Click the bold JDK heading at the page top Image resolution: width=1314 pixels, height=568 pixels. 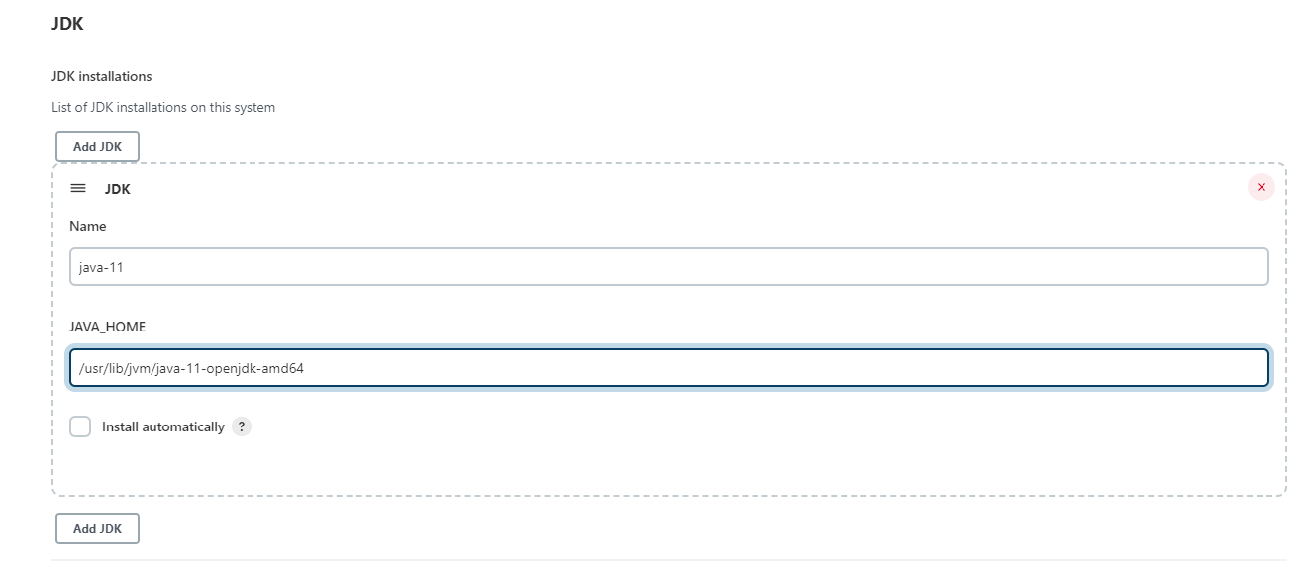(x=67, y=25)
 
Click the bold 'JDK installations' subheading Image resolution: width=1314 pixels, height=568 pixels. (x=101, y=76)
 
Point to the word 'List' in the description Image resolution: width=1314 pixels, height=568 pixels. (x=61, y=107)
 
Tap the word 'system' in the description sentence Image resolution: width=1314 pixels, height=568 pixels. (x=254, y=107)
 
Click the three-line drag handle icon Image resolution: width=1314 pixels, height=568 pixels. (x=78, y=188)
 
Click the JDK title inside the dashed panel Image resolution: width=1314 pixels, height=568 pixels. (x=117, y=189)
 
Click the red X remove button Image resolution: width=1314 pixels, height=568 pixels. (x=1261, y=187)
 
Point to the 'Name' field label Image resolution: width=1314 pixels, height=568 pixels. (x=87, y=226)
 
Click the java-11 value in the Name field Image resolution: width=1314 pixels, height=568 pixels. (x=101, y=267)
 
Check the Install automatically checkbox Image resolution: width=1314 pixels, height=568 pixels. (x=80, y=426)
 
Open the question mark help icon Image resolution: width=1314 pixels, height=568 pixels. (x=242, y=426)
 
